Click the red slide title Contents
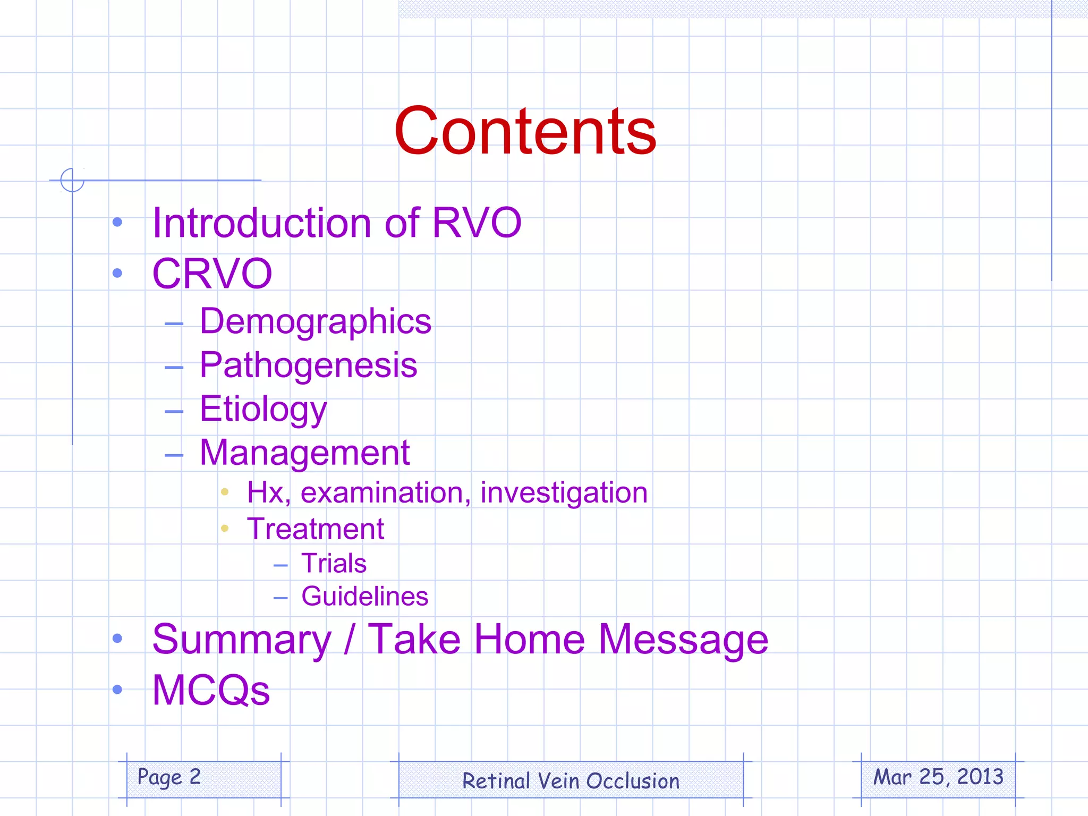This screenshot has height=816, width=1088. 525,131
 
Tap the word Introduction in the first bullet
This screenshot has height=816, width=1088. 261,223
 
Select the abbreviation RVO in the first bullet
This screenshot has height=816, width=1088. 477,223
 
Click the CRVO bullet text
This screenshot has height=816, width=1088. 212,274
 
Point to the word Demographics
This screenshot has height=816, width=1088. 316,322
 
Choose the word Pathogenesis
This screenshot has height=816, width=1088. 308,365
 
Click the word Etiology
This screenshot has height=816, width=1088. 263,410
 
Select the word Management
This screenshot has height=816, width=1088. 304,453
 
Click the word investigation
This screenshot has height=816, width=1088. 564,492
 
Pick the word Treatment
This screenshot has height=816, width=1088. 316,529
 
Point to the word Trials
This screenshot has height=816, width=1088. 334,563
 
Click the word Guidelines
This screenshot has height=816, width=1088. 364,596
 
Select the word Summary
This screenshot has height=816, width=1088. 242,640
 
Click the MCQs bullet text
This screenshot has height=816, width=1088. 211,690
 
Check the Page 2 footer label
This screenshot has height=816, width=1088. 169,777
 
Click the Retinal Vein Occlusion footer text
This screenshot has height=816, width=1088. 571,781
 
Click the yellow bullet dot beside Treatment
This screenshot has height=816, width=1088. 225,528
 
